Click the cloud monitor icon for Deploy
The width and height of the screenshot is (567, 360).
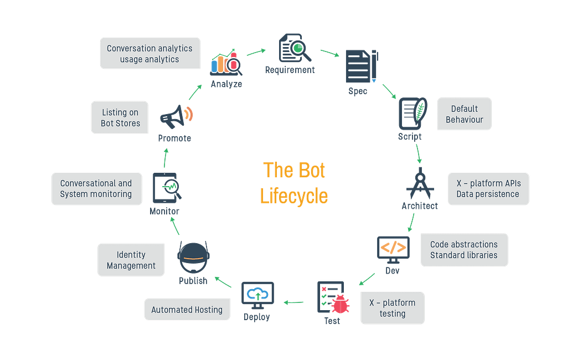point(257,295)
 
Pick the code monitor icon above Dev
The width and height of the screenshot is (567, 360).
point(394,249)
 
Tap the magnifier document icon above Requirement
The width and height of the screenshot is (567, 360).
point(294,48)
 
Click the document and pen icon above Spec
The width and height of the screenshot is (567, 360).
point(360,66)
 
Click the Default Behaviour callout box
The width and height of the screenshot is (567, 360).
point(464,114)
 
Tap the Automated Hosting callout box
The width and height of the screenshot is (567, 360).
point(187,310)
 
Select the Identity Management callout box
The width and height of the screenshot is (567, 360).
point(131,260)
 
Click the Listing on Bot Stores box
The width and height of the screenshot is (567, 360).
point(120,117)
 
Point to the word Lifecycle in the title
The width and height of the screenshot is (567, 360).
point(295,196)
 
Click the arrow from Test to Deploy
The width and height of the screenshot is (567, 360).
point(293,302)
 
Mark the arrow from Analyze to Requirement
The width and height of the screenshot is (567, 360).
point(256,52)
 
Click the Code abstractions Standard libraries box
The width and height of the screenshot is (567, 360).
point(464,250)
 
